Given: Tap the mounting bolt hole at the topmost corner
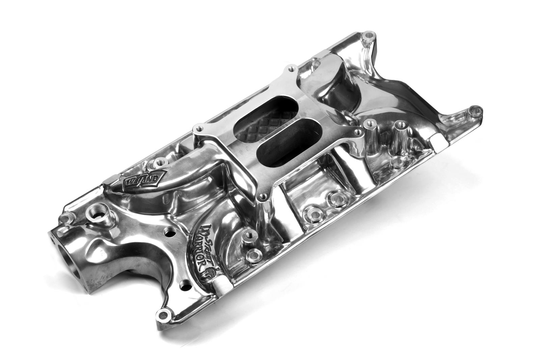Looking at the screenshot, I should coord(369,35).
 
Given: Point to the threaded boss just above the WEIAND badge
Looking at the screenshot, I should coord(158,163).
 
